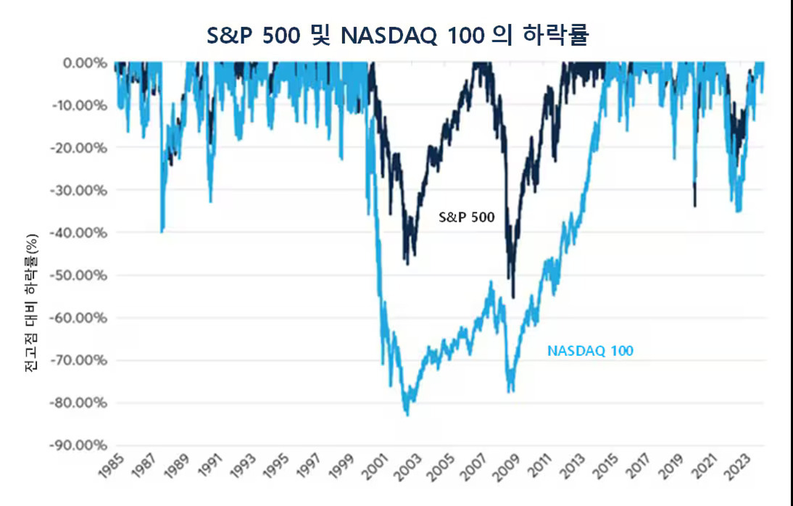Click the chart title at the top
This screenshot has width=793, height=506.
(396, 34)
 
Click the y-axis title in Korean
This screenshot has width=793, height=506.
(30, 304)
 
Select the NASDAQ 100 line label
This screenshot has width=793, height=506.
(590, 351)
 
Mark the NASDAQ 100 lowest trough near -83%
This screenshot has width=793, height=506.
(407, 415)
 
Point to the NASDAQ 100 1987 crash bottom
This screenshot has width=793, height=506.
(162, 231)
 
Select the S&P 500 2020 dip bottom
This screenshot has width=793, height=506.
(695, 206)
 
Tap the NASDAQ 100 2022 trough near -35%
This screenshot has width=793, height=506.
(738, 211)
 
